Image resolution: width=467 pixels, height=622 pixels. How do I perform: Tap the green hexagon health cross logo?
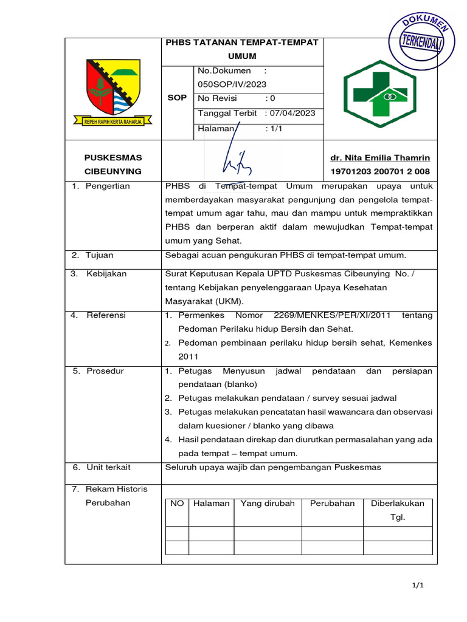pos(380,94)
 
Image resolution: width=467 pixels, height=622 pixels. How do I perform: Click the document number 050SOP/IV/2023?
pos(232,84)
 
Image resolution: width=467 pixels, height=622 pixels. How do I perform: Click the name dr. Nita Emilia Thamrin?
pos(380,158)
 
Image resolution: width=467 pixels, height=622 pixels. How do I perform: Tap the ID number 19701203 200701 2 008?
pos(380,171)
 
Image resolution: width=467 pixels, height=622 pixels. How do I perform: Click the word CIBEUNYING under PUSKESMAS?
pos(112,171)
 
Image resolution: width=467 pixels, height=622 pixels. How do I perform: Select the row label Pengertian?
pos(108,186)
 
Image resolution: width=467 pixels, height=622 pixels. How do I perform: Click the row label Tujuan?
pos(100,255)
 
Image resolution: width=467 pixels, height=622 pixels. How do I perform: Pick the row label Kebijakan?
pos(106,274)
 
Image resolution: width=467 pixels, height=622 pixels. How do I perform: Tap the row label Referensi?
pos(106,315)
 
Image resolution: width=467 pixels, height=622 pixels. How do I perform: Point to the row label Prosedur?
pos(105,371)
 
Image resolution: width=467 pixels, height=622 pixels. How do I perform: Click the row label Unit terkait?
pos(108,467)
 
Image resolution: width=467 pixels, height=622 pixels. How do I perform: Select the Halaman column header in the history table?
pos(211,504)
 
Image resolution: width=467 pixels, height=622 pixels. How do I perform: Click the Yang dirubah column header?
pos(268,504)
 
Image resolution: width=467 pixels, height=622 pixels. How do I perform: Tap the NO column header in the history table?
pos(177,504)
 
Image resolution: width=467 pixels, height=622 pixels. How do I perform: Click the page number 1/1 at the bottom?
pos(417,586)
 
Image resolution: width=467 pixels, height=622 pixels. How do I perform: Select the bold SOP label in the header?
pos(177,98)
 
